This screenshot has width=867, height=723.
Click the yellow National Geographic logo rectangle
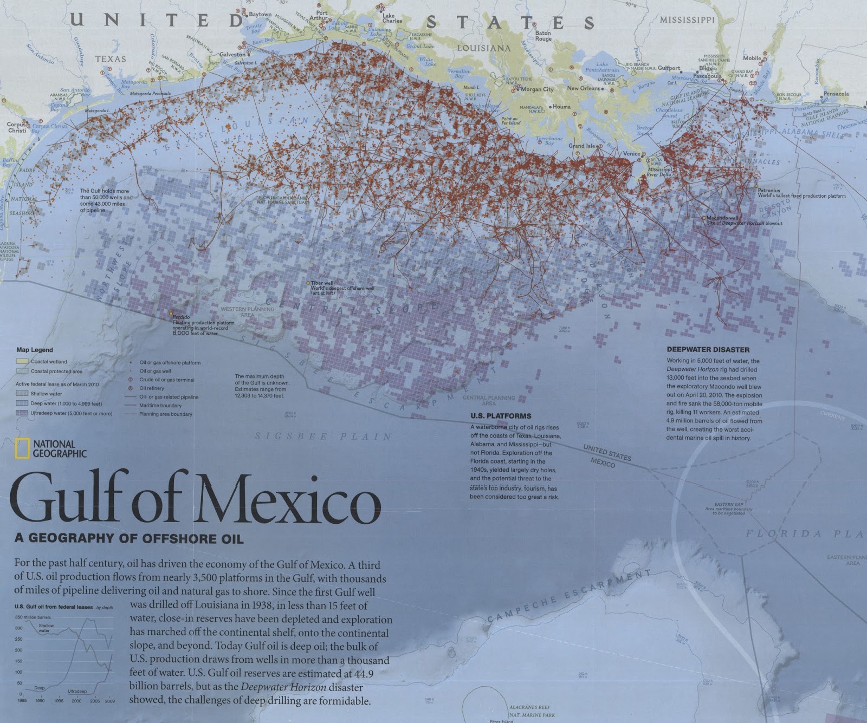[22, 448]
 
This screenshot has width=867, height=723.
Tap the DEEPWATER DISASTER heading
[708, 350]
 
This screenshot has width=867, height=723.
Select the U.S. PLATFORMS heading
[493, 416]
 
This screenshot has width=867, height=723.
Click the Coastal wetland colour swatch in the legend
[22, 361]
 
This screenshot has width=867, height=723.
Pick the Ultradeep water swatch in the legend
[22, 413]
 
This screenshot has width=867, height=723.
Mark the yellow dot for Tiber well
[308, 283]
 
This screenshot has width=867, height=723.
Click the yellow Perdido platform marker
[171, 313]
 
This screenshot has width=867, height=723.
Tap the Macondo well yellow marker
[704, 218]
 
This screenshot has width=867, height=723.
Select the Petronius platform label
[769, 191]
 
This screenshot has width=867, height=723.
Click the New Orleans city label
[583, 88]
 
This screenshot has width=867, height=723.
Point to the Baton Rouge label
[543, 36]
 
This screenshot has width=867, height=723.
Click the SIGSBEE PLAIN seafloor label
[323, 437]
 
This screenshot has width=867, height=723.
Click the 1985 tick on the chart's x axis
[22, 700]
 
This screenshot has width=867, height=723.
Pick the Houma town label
[561, 107]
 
